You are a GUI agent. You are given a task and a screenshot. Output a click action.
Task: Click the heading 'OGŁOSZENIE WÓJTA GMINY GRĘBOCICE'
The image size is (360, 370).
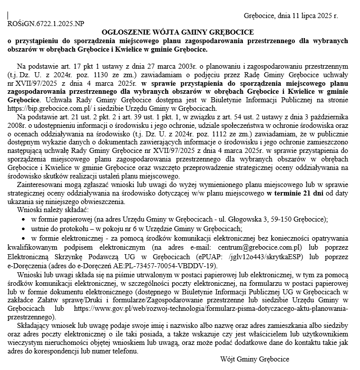[x=180, y=32]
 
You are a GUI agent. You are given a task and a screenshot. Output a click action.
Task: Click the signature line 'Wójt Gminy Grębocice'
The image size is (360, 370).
[x=255, y=359]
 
